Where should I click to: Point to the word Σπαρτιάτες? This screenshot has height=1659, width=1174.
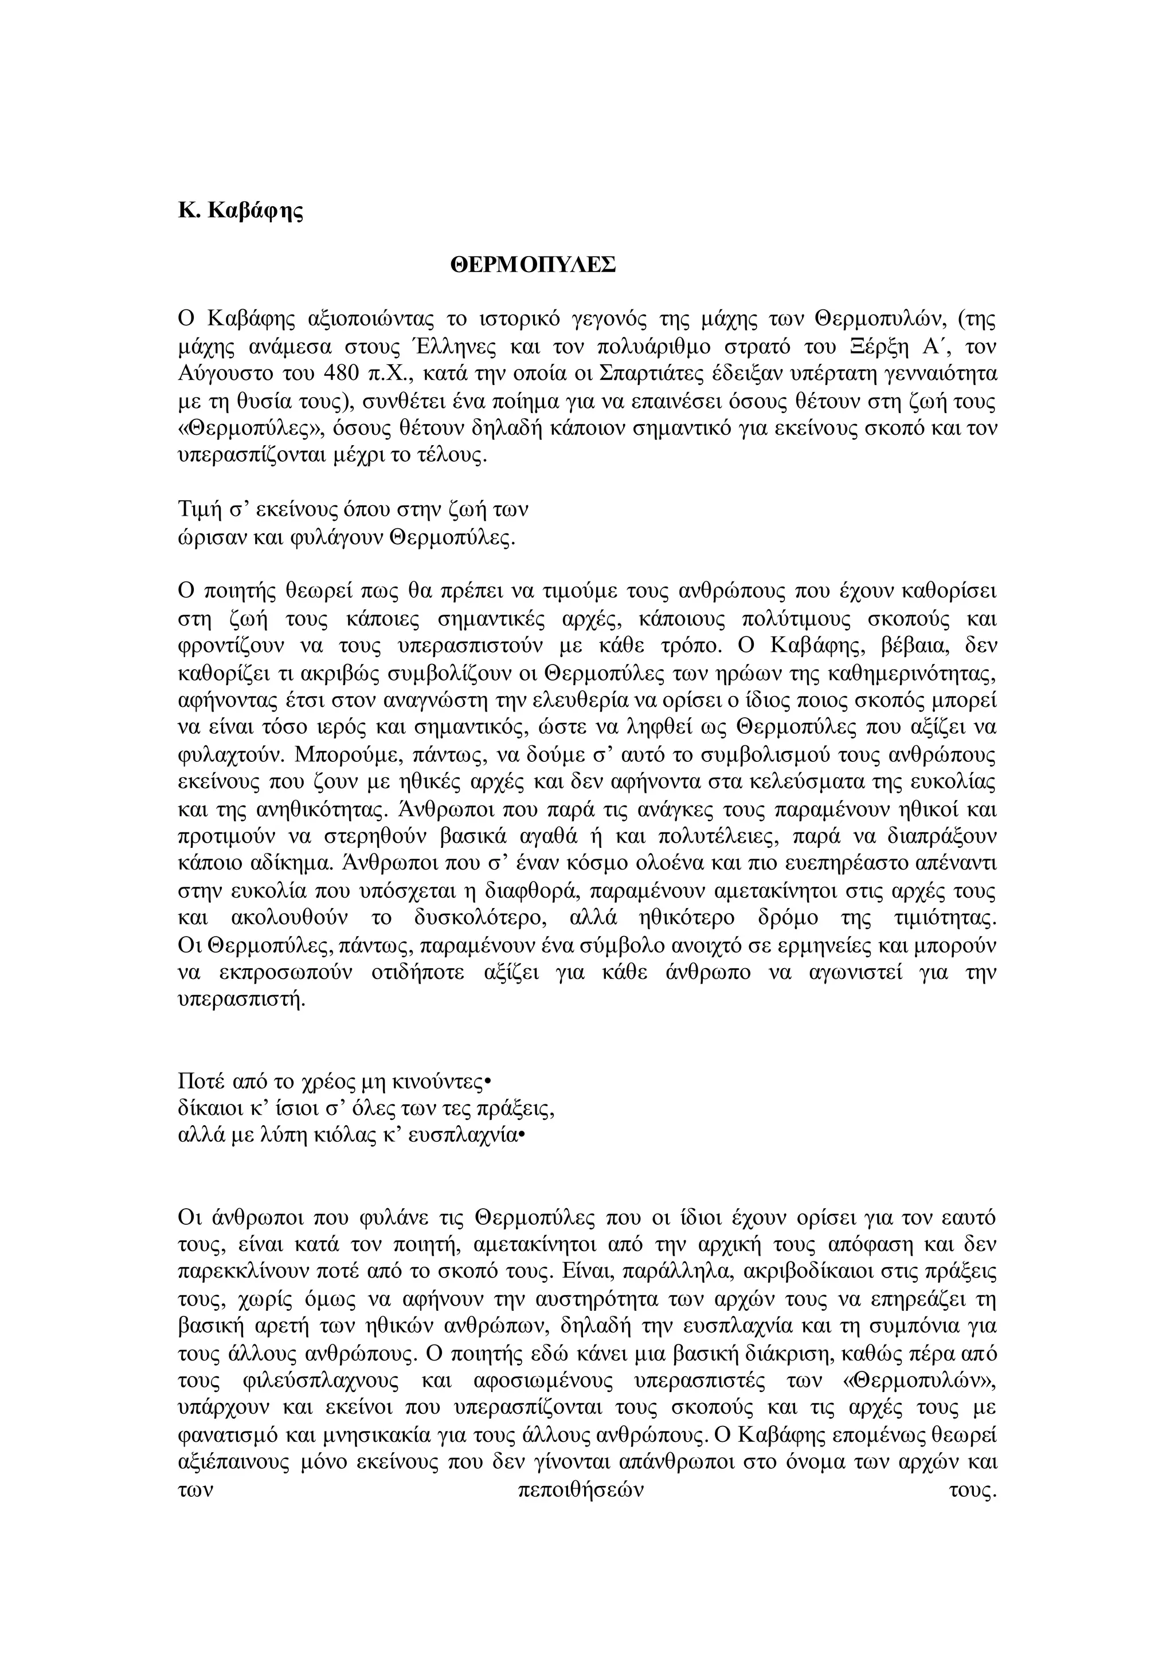pyautogui.click(x=651, y=374)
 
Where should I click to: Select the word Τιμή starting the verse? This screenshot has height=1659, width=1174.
pyautogui.click(x=199, y=510)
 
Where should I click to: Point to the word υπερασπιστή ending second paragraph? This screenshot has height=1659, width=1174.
pyautogui.click(x=241, y=1001)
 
